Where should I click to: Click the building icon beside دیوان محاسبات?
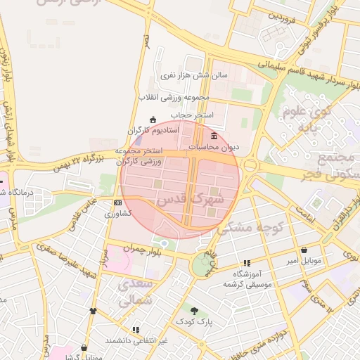coord(214,136)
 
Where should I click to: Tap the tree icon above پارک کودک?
coord(194,309)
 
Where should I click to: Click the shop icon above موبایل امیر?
coord(304,250)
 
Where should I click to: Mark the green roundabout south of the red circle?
coord(203,264)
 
